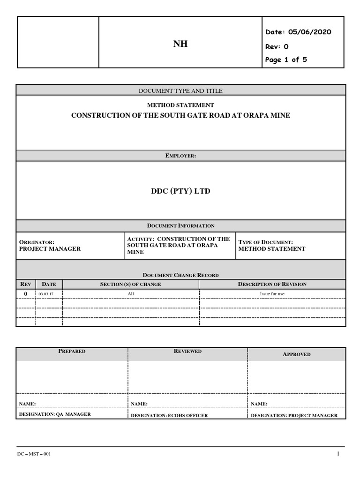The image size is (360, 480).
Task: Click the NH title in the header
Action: [x=180, y=45]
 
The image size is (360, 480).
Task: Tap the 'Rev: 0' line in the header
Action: [x=277, y=46]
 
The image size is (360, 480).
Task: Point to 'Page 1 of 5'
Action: [x=286, y=60]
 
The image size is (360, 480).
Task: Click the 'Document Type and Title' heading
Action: [x=180, y=90]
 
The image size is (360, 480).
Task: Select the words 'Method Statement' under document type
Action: [x=180, y=105]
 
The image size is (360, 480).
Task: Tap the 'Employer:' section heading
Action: [x=180, y=155]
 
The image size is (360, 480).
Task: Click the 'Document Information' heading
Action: [x=180, y=226]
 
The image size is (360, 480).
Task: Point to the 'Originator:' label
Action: [x=37, y=242]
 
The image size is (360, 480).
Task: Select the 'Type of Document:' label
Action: [x=266, y=242]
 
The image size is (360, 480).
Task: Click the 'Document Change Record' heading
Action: [x=180, y=275]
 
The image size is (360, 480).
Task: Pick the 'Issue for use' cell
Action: [x=272, y=294]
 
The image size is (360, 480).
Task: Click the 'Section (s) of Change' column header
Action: [x=131, y=284]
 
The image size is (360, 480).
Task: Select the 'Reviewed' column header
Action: [x=187, y=351]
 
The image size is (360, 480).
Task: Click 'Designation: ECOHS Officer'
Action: [x=169, y=415]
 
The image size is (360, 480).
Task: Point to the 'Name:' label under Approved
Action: [x=259, y=404]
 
